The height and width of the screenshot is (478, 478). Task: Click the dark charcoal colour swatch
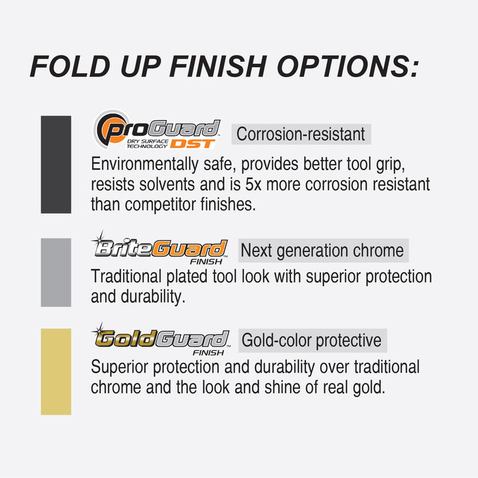[56, 164]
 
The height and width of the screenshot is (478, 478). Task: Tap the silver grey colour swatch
[56, 272]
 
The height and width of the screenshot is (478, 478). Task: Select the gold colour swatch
[56, 371]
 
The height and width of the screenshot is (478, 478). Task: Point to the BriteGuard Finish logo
[159, 249]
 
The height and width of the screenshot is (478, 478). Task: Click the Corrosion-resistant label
[300, 134]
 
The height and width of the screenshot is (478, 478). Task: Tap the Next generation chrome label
[322, 251]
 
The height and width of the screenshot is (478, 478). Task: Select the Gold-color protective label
[312, 339]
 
